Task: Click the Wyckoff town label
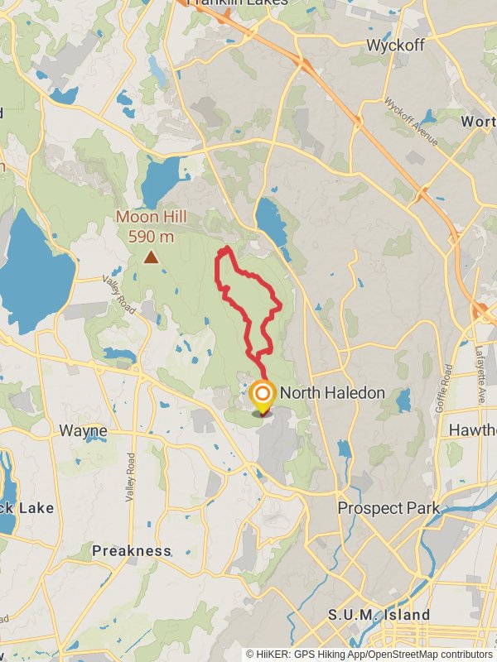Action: (396, 44)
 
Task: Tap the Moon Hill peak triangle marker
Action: (151, 257)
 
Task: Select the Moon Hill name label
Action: (151, 218)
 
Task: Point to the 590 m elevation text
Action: (151, 236)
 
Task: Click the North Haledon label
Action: (332, 393)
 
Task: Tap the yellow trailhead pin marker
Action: (263, 396)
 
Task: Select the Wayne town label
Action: (83, 431)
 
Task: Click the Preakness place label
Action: (131, 551)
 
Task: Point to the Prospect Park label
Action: (388, 507)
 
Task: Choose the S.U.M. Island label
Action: (379, 615)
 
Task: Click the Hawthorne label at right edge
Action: (472, 430)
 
